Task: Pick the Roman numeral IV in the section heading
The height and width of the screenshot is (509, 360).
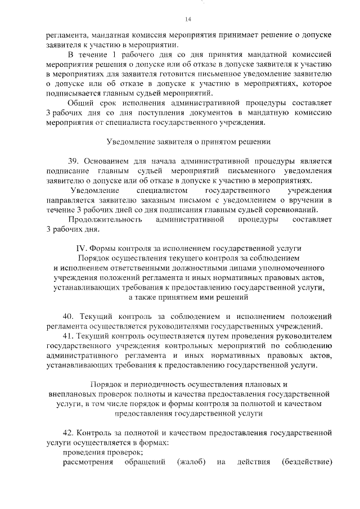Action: pos(81,248)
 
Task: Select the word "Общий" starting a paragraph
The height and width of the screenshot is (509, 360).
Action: pos(80,103)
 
